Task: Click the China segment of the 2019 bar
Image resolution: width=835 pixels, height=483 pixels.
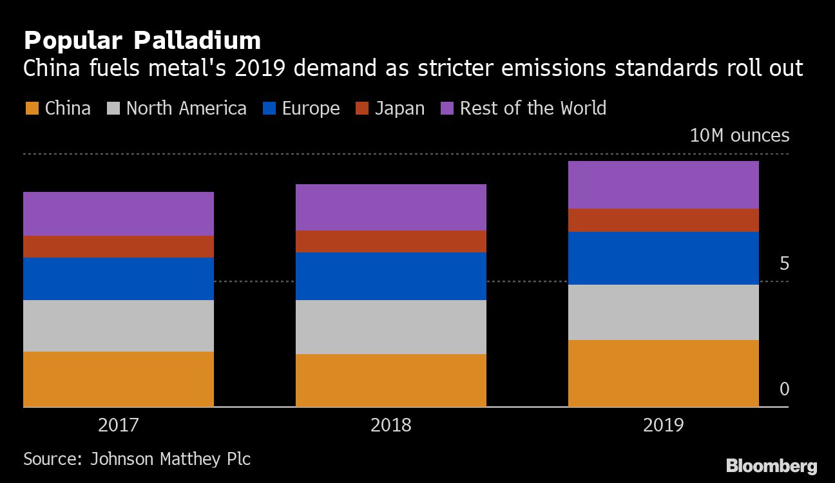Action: (x=663, y=373)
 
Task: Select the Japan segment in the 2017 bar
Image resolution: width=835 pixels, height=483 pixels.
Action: (x=119, y=247)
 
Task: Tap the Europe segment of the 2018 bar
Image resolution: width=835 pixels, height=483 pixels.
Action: (x=390, y=276)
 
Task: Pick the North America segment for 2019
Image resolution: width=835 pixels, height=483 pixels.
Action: (x=663, y=312)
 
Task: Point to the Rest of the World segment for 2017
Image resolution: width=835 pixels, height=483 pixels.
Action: (x=119, y=214)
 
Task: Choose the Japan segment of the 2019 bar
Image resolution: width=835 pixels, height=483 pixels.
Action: (x=663, y=220)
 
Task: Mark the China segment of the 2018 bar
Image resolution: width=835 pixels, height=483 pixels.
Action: (x=390, y=380)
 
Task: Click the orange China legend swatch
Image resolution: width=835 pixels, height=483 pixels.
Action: (x=32, y=108)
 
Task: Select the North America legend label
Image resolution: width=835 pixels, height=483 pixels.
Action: (x=186, y=108)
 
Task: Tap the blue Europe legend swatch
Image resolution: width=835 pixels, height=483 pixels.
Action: (x=269, y=108)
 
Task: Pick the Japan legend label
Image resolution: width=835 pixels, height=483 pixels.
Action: (x=399, y=108)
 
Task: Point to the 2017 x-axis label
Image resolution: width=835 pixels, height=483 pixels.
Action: (x=118, y=426)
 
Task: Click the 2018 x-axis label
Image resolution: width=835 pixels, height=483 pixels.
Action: (x=390, y=426)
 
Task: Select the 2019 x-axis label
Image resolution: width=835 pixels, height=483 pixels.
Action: (x=663, y=426)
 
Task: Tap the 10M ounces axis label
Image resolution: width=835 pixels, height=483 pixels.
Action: (x=739, y=136)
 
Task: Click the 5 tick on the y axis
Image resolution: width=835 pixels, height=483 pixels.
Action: (x=784, y=263)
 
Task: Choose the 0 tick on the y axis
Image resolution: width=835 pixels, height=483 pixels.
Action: (x=784, y=389)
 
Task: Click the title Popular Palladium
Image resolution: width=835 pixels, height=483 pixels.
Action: (x=142, y=41)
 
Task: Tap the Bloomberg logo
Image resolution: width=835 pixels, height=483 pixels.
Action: (x=771, y=466)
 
